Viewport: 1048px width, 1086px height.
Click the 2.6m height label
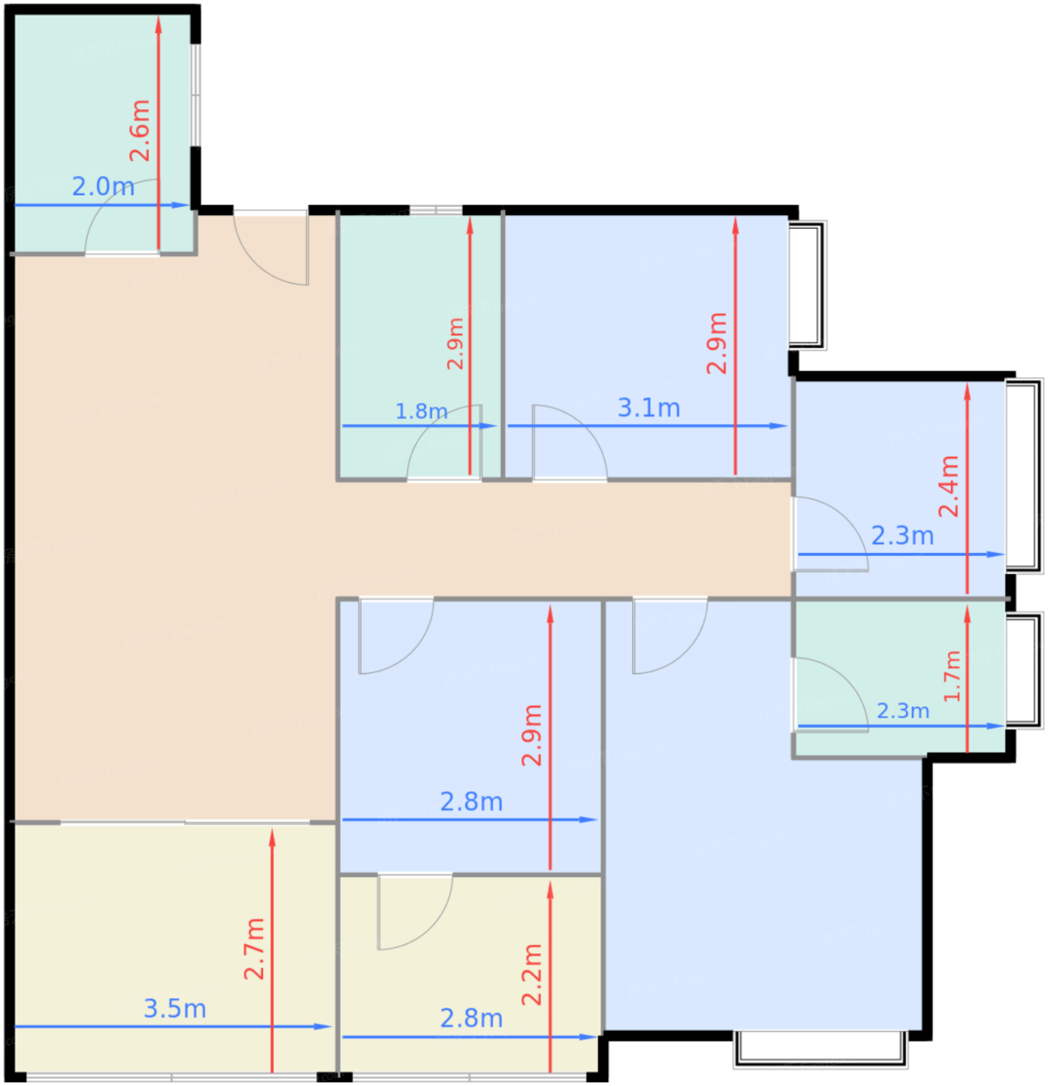[140, 130]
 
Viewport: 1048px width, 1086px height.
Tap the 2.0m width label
[103, 186]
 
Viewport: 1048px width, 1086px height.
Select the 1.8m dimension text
[420, 411]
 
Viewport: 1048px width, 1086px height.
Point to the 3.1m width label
[649, 408]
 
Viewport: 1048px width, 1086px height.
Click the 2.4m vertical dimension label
[948, 486]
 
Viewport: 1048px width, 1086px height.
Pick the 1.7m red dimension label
[952, 676]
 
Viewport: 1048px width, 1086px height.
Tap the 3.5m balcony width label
[175, 1008]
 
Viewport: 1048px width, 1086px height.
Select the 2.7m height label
[254, 949]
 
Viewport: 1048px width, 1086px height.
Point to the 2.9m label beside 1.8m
[455, 343]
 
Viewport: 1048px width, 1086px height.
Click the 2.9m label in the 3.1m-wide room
[716, 343]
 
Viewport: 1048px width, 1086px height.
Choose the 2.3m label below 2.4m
[902, 536]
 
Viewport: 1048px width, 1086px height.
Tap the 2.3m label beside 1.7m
[903, 711]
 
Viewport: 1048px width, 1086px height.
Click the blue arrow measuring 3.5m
[172, 1026]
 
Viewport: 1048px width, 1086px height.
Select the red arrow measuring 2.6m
[158, 133]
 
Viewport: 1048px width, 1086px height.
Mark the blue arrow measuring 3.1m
[647, 426]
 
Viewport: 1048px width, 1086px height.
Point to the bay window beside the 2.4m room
[1024, 476]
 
